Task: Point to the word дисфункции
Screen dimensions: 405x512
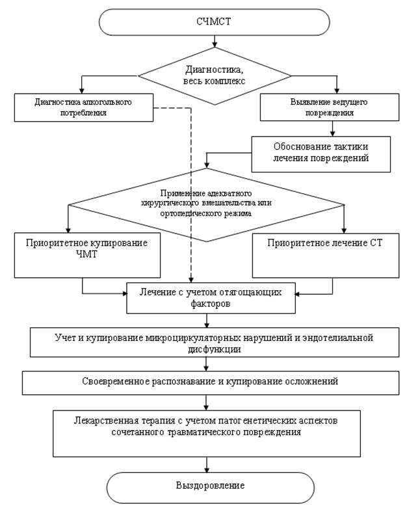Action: [x=215, y=349]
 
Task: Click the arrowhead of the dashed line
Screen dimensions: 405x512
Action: [x=191, y=280]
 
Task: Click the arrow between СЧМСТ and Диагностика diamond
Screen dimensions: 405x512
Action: [x=215, y=41]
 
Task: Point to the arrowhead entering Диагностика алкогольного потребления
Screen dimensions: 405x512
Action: [x=82, y=91]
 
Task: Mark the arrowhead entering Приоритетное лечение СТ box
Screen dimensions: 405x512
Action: [x=344, y=230]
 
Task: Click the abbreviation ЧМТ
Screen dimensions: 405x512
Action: [x=87, y=254]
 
